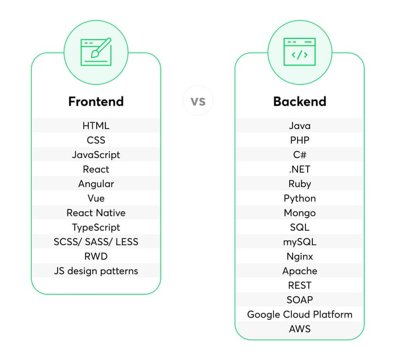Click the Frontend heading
(x=96, y=101)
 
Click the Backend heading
(x=300, y=101)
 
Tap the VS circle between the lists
(x=198, y=101)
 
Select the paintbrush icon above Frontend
(x=96, y=52)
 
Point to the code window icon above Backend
(x=299, y=52)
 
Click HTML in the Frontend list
(x=96, y=126)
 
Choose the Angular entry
(x=96, y=184)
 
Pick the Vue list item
(x=96, y=198)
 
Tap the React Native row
(x=96, y=213)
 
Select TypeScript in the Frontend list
(x=96, y=228)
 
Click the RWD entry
(x=96, y=256)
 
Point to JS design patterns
(x=96, y=271)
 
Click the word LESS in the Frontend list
(x=127, y=242)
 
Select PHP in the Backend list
(x=300, y=140)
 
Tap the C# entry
(x=300, y=155)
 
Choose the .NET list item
(x=300, y=169)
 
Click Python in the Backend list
(x=300, y=199)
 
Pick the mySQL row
(x=300, y=242)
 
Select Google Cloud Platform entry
(x=300, y=315)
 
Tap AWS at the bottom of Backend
(x=300, y=329)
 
